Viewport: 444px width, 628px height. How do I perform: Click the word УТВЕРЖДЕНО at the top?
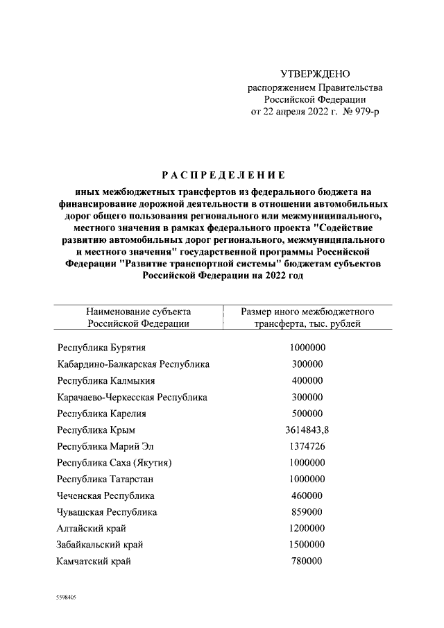click(x=316, y=74)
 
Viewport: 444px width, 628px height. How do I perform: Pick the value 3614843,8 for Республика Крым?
click(x=307, y=430)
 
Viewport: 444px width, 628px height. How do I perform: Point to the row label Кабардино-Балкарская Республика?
click(x=133, y=364)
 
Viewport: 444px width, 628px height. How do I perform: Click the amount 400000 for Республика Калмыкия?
click(x=307, y=381)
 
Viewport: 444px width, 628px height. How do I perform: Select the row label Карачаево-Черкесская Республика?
click(x=132, y=398)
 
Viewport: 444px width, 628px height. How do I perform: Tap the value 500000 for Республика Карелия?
click(x=307, y=414)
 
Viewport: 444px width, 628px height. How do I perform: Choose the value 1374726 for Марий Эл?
click(x=307, y=446)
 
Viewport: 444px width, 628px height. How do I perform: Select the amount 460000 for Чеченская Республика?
click(x=307, y=495)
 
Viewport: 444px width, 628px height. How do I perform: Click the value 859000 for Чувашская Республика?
click(x=307, y=512)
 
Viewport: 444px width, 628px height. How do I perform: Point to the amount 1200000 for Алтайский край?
click(x=307, y=528)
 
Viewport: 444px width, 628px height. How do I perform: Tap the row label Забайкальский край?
click(x=101, y=545)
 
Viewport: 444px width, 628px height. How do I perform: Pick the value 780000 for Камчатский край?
click(x=307, y=561)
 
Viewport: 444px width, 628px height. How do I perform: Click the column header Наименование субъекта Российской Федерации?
click(x=138, y=317)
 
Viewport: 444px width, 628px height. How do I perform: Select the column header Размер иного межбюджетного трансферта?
click(x=307, y=317)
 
